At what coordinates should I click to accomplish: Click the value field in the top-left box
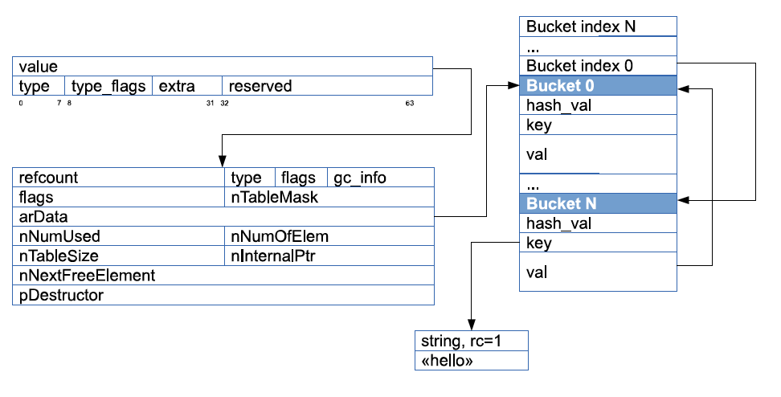[x=222, y=66]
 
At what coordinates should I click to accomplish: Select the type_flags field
[x=108, y=86]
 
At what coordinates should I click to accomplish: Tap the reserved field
[x=327, y=86]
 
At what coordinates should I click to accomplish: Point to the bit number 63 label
[x=410, y=103]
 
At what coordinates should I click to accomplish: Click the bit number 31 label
[x=211, y=103]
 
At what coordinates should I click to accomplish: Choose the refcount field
[x=119, y=178]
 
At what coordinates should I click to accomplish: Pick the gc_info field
[x=381, y=178]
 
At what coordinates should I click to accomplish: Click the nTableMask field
[x=329, y=197]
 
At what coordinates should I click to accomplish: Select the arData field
[x=223, y=217]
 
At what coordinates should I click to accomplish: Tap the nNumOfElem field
[x=329, y=236]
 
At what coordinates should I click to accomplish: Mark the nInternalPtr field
[x=329, y=256]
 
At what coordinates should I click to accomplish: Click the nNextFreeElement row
[x=223, y=275]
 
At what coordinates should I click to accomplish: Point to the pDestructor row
[x=223, y=295]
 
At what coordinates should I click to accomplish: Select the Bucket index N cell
[x=598, y=27]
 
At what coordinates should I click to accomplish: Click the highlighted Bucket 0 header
[x=598, y=86]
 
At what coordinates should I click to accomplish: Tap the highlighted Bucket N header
[x=598, y=203]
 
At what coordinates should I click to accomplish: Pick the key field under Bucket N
[x=598, y=243]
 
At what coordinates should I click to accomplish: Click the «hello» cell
[x=471, y=360]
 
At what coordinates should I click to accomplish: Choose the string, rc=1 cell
[x=471, y=341]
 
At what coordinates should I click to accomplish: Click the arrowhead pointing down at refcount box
[x=222, y=162]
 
